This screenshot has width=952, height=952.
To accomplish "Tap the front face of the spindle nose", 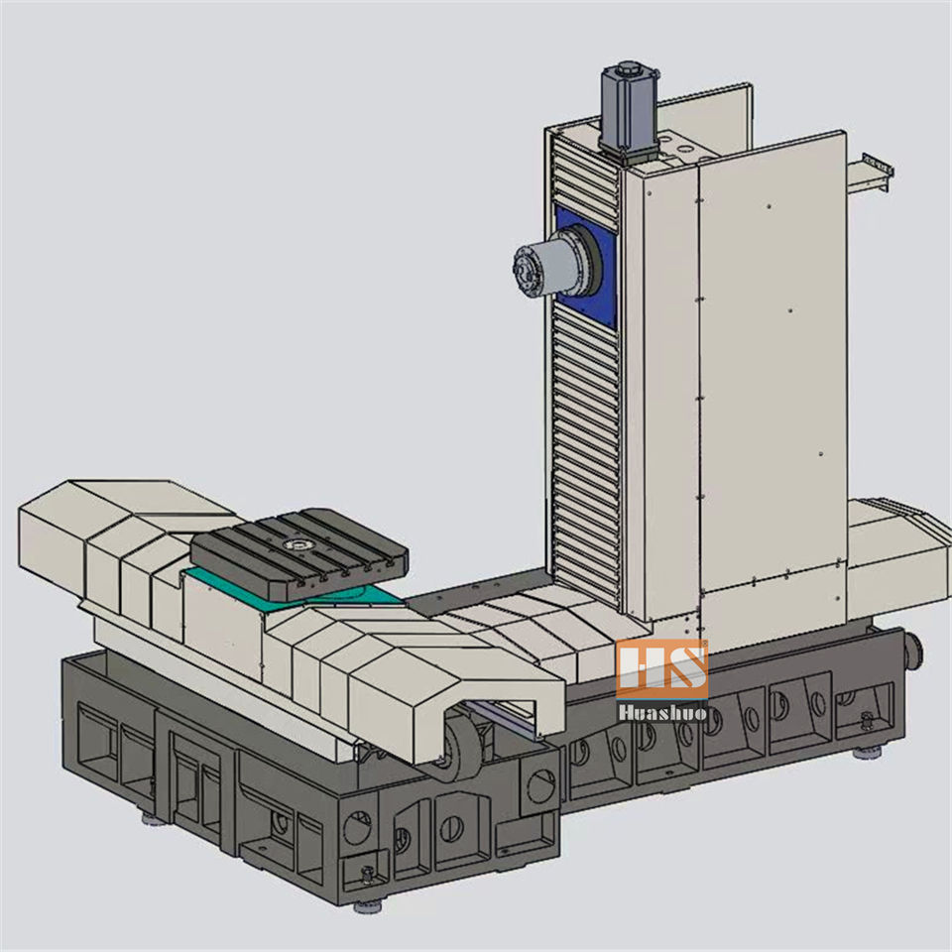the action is [526, 272].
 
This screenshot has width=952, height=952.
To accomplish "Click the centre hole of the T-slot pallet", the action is [297, 545].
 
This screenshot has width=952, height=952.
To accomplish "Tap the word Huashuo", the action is [662, 712].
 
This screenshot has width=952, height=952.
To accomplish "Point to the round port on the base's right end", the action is [914, 653].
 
